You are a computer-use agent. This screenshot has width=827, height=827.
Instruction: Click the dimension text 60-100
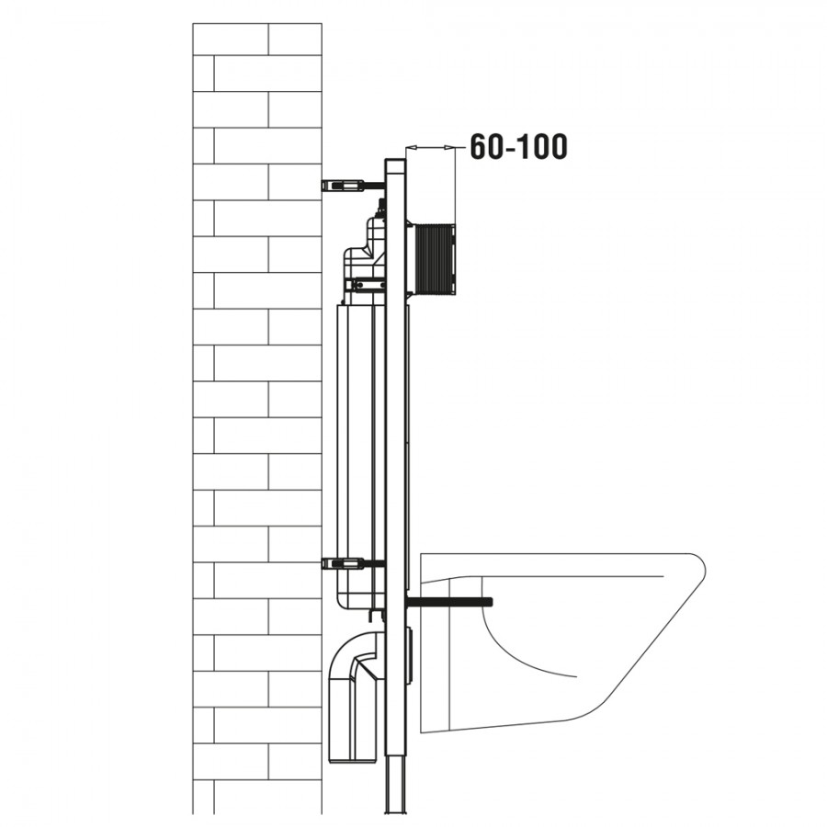pyautogui.click(x=518, y=147)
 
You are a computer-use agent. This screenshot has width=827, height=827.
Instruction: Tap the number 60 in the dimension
pyautogui.click(x=485, y=147)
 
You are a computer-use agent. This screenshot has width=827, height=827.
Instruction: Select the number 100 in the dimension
pyautogui.click(x=542, y=147)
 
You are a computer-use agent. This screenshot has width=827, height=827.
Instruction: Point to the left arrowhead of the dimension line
pyautogui.click(x=412, y=148)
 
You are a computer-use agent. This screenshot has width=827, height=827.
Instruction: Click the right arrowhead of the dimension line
pyautogui.click(x=448, y=148)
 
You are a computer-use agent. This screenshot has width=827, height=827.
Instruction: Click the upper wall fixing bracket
pyautogui.click(x=352, y=185)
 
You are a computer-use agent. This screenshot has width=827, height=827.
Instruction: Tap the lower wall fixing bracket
pyautogui.click(x=352, y=563)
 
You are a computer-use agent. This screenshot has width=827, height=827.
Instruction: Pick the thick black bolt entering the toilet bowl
pyautogui.click(x=449, y=602)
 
